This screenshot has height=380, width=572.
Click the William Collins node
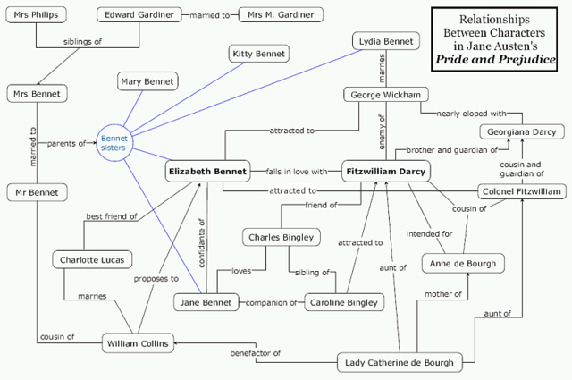136,343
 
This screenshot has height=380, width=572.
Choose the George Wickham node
383,94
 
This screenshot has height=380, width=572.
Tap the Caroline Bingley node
344,302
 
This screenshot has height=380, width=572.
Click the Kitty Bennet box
258,55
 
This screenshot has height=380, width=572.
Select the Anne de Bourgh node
458,264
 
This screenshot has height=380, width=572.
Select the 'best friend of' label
111,215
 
